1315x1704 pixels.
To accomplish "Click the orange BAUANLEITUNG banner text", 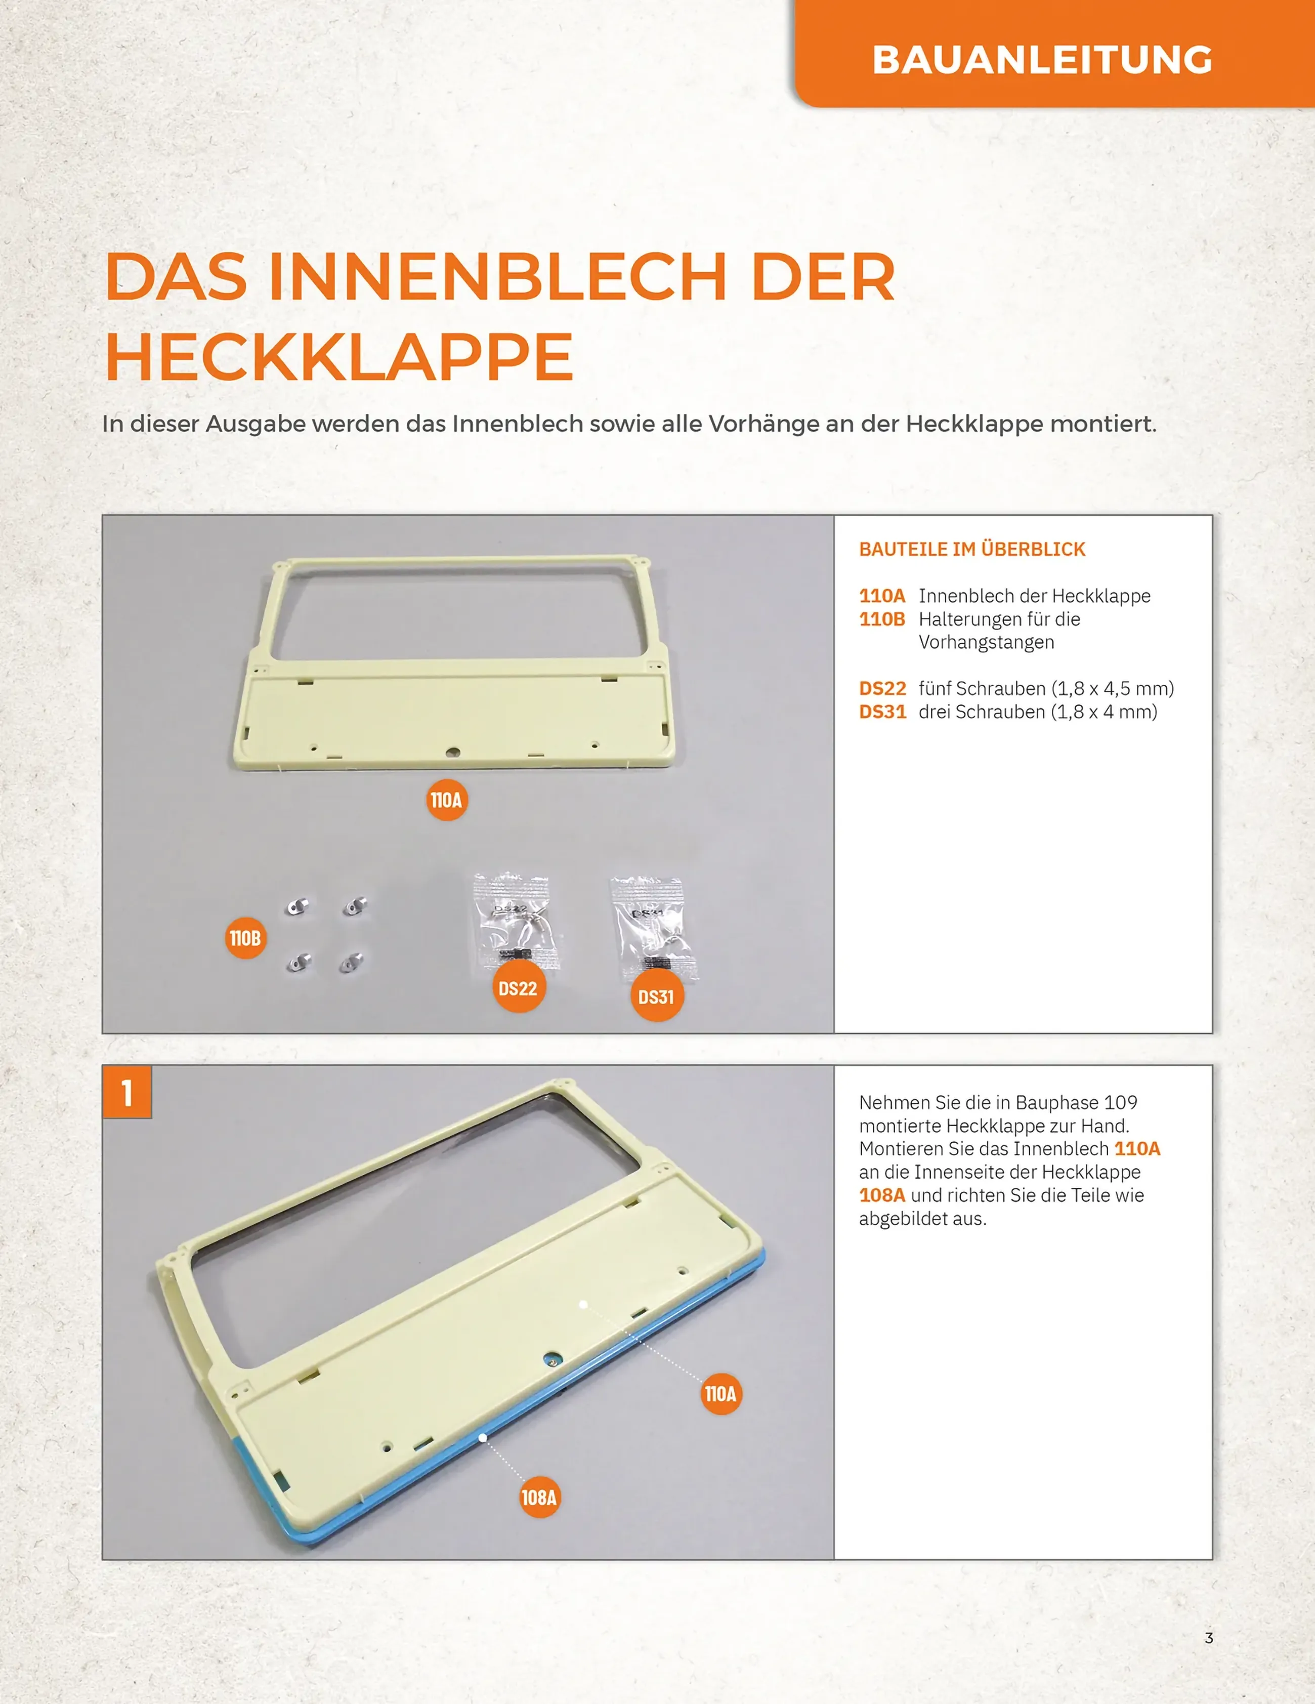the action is coord(1042,60).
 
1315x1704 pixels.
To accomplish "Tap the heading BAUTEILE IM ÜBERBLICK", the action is coord(972,549).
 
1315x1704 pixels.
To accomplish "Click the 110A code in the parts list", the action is coord(882,596).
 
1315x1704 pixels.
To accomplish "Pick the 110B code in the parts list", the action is coord(882,619).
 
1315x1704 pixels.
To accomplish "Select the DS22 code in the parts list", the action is coord(882,689).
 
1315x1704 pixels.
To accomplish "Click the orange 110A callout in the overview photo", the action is coord(447,800).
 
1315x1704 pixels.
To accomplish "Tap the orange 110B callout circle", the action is coord(246,938).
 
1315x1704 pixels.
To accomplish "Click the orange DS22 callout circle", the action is coord(518,988).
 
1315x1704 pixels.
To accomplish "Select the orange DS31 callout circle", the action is coord(657,996).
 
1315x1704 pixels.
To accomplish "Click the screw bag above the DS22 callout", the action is coord(515,921).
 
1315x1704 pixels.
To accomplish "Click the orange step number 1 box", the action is coord(127,1092).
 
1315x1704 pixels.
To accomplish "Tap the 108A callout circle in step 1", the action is coord(539,1497).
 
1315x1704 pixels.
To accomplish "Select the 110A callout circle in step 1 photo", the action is coord(720,1393).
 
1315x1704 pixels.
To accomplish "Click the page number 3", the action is coord(1209,1637).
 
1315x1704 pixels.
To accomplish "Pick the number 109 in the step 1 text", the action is coord(1120,1102).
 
